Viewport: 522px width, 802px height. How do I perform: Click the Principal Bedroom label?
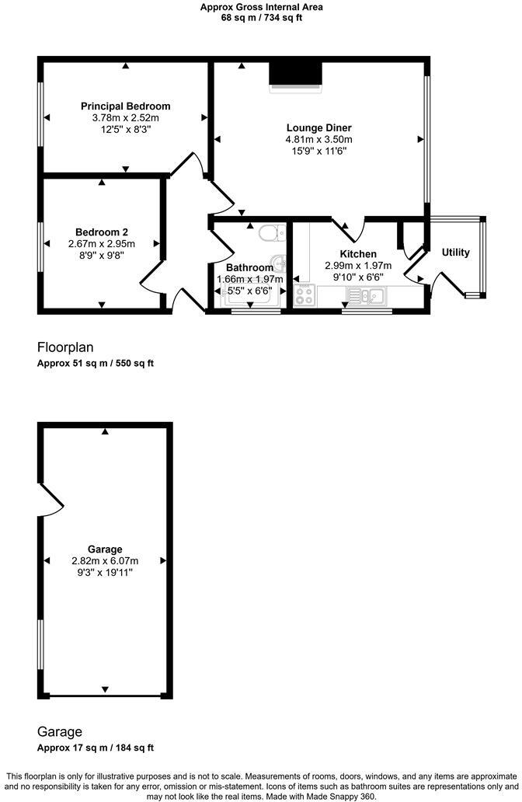(125, 106)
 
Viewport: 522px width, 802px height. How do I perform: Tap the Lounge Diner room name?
(318, 128)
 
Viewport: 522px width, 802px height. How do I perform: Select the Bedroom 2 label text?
(102, 232)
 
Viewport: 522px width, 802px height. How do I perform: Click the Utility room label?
(456, 253)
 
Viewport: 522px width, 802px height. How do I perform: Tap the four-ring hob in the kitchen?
(303, 295)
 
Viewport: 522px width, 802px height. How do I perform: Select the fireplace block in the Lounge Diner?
(295, 75)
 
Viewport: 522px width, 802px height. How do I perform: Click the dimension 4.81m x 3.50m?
(318, 140)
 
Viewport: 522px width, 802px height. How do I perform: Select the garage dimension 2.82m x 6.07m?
(105, 561)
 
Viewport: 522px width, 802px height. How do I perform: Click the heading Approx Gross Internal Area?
(262, 7)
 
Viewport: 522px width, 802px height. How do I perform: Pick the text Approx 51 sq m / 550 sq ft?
(96, 364)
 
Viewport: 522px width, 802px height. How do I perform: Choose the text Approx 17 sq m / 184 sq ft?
(96, 748)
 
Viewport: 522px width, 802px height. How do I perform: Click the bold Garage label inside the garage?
(105, 549)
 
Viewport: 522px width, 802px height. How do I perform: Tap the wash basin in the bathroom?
(277, 263)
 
